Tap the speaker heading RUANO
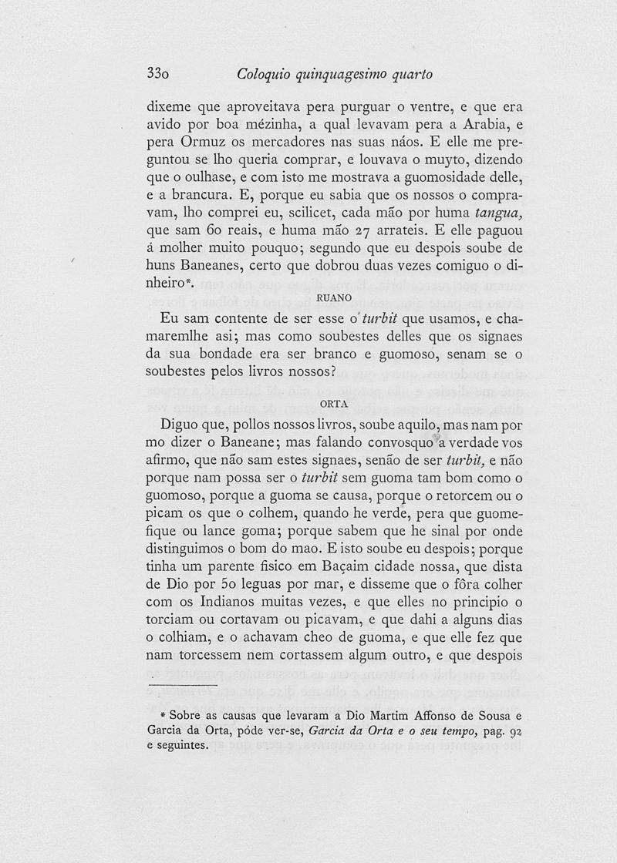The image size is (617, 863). click(334, 296)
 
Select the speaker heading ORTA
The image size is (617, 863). click(334, 402)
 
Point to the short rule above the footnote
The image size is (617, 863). click(182, 684)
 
